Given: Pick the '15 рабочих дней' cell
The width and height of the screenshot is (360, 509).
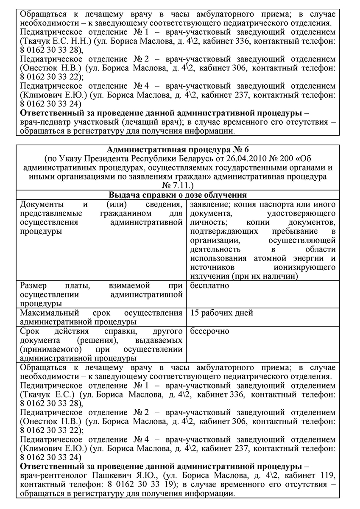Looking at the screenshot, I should coord(222,313).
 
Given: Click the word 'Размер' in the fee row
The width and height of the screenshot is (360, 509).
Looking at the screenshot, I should coord(33,285).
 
